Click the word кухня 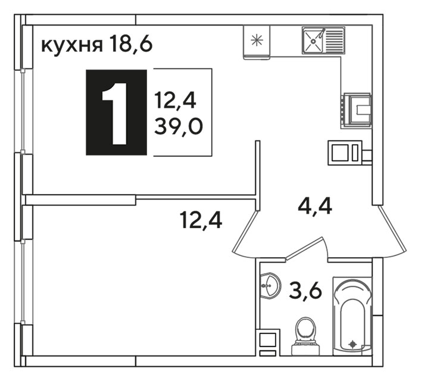point(72,45)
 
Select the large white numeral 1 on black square point(115,114)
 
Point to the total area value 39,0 point(179,126)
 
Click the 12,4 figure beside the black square point(175,99)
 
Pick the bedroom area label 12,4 point(201,220)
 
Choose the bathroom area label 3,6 point(305,291)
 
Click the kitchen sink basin point(313,40)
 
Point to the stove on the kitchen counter point(357,110)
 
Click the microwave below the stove point(345,152)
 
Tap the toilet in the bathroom point(305,337)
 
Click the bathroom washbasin point(270,285)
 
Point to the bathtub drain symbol point(352,343)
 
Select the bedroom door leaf point(245,232)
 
